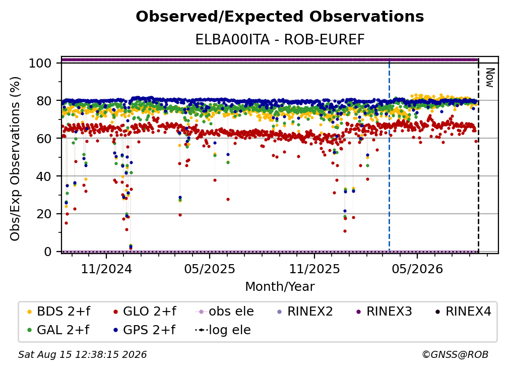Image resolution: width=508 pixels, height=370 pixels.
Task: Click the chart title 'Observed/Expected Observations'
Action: click(x=280, y=17)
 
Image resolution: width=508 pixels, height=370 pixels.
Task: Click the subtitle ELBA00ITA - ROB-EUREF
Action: click(x=280, y=40)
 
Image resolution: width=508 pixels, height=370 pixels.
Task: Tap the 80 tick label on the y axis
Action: click(x=44, y=101)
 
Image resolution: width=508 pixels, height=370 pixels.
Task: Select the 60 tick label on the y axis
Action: click(x=44, y=139)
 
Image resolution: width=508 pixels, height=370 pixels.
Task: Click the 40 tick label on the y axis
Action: click(x=44, y=176)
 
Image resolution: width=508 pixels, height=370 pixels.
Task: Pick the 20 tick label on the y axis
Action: click(x=44, y=214)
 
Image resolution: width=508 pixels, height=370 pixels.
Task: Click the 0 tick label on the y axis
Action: click(x=48, y=252)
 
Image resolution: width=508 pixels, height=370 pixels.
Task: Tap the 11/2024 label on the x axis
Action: click(x=106, y=269)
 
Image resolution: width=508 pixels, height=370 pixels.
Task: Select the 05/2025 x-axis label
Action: click(x=210, y=269)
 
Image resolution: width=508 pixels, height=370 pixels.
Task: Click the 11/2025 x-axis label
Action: click(x=314, y=269)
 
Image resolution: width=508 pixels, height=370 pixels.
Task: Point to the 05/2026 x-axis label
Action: click(x=417, y=269)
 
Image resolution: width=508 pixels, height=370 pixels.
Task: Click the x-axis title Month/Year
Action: click(x=280, y=287)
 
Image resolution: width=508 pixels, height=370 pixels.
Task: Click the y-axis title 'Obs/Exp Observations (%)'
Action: click(x=15, y=159)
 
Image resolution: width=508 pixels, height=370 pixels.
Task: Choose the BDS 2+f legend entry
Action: click(x=59, y=312)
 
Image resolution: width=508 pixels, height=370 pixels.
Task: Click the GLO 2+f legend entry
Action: click(x=145, y=312)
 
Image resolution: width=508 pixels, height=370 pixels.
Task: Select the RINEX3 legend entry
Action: click(x=384, y=312)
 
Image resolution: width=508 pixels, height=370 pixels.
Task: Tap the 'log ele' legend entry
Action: click(x=223, y=330)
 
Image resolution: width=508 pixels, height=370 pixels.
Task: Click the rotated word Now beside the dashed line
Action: click(x=490, y=78)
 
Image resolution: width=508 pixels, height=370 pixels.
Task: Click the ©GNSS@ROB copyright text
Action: click(x=455, y=354)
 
